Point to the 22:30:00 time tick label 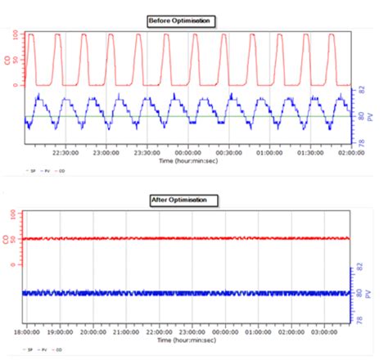point(65,151)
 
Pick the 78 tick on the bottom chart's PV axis point(361,321)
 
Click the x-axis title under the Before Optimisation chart point(188,162)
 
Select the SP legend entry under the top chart point(33,170)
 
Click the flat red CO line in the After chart point(188,239)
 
